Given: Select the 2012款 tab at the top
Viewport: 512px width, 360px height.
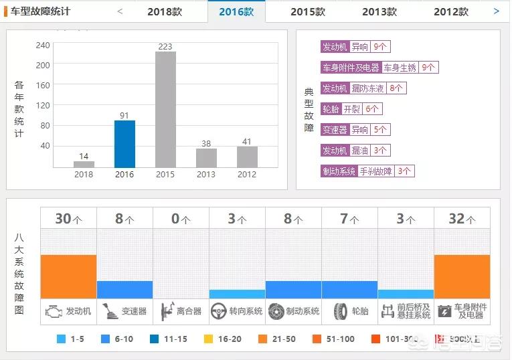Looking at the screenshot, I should tap(450, 11).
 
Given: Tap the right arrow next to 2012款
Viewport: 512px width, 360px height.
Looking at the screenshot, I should tap(496, 11).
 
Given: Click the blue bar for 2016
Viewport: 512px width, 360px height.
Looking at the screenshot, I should tap(124, 144).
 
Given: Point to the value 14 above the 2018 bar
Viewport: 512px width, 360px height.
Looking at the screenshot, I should tap(84, 156).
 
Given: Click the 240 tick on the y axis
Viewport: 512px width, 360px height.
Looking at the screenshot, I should tap(43, 46).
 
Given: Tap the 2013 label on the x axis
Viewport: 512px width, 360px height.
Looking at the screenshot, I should tap(206, 175).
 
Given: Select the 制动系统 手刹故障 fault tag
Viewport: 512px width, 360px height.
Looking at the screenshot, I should tap(367, 171).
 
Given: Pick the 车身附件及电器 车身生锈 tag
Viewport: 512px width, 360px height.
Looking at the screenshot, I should tap(379, 67).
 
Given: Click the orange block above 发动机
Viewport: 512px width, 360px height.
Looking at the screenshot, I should tap(68, 276).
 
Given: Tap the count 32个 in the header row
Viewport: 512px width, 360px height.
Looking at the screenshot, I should tap(462, 218).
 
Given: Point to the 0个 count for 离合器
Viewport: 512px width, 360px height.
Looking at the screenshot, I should tap(181, 218).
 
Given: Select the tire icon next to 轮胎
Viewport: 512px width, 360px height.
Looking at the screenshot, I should tap(341, 311).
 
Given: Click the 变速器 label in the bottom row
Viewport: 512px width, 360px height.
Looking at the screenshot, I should tap(134, 311).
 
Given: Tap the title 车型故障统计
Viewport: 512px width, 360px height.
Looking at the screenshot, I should tap(40, 11).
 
